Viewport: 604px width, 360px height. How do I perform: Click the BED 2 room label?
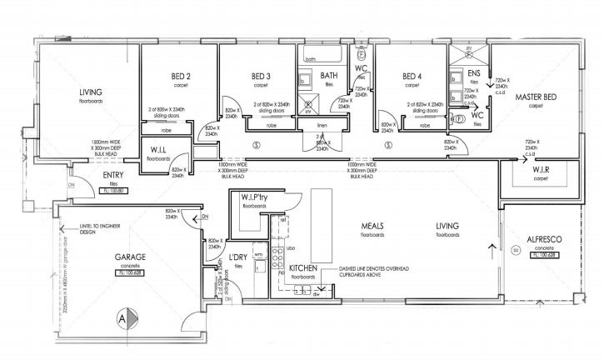coord(181,76)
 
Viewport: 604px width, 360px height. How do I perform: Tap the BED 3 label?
coord(262,76)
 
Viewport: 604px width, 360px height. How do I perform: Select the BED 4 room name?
coord(412,76)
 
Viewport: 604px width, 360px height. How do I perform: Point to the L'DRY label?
coord(237,259)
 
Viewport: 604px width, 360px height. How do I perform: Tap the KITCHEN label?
coord(302,270)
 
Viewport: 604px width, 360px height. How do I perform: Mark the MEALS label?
coord(372,226)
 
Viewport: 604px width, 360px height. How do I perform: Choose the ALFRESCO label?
coord(547,238)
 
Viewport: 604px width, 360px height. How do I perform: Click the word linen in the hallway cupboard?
coord(323,126)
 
